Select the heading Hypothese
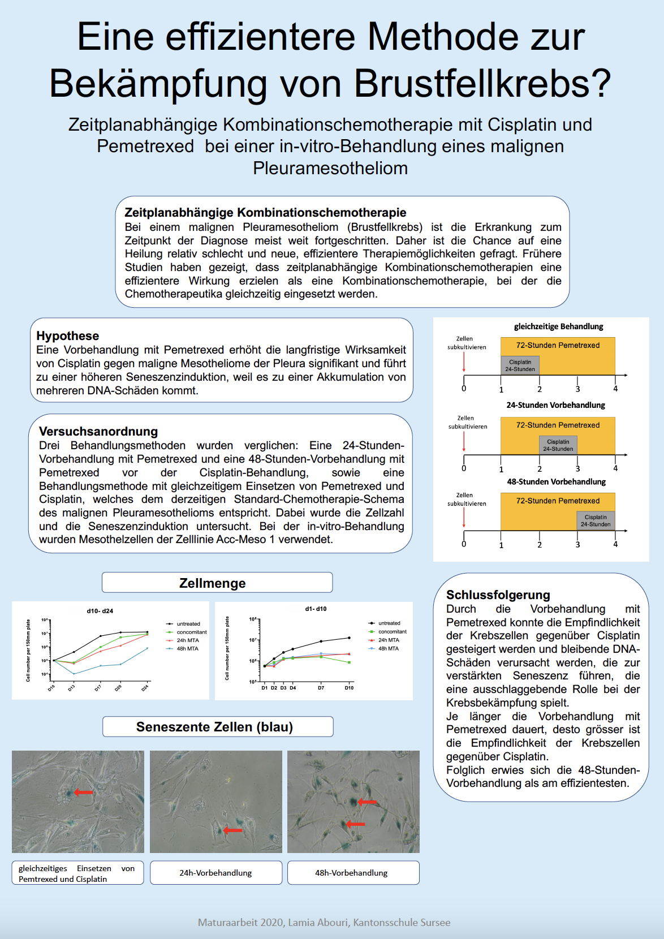(x=67, y=336)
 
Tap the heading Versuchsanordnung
(x=98, y=432)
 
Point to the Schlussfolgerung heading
(x=498, y=595)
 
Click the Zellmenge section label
(x=212, y=583)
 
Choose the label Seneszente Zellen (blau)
(x=214, y=727)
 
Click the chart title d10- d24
(x=100, y=611)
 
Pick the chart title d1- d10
(x=316, y=609)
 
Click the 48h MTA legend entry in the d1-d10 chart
(x=388, y=649)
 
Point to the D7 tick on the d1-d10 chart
(x=321, y=688)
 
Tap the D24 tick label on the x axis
(x=145, y=688)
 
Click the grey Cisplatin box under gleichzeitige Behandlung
(x=520, y=365)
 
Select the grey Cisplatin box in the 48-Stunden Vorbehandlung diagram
(x=596, y=520)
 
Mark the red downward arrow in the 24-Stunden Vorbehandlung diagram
(x=464, y=442)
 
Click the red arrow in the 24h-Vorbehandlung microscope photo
(x=232, y=830)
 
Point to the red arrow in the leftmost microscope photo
(x=83, y=792)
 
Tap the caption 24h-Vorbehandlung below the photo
(x=215, y=873)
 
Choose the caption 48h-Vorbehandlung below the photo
(x=351, y=873)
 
